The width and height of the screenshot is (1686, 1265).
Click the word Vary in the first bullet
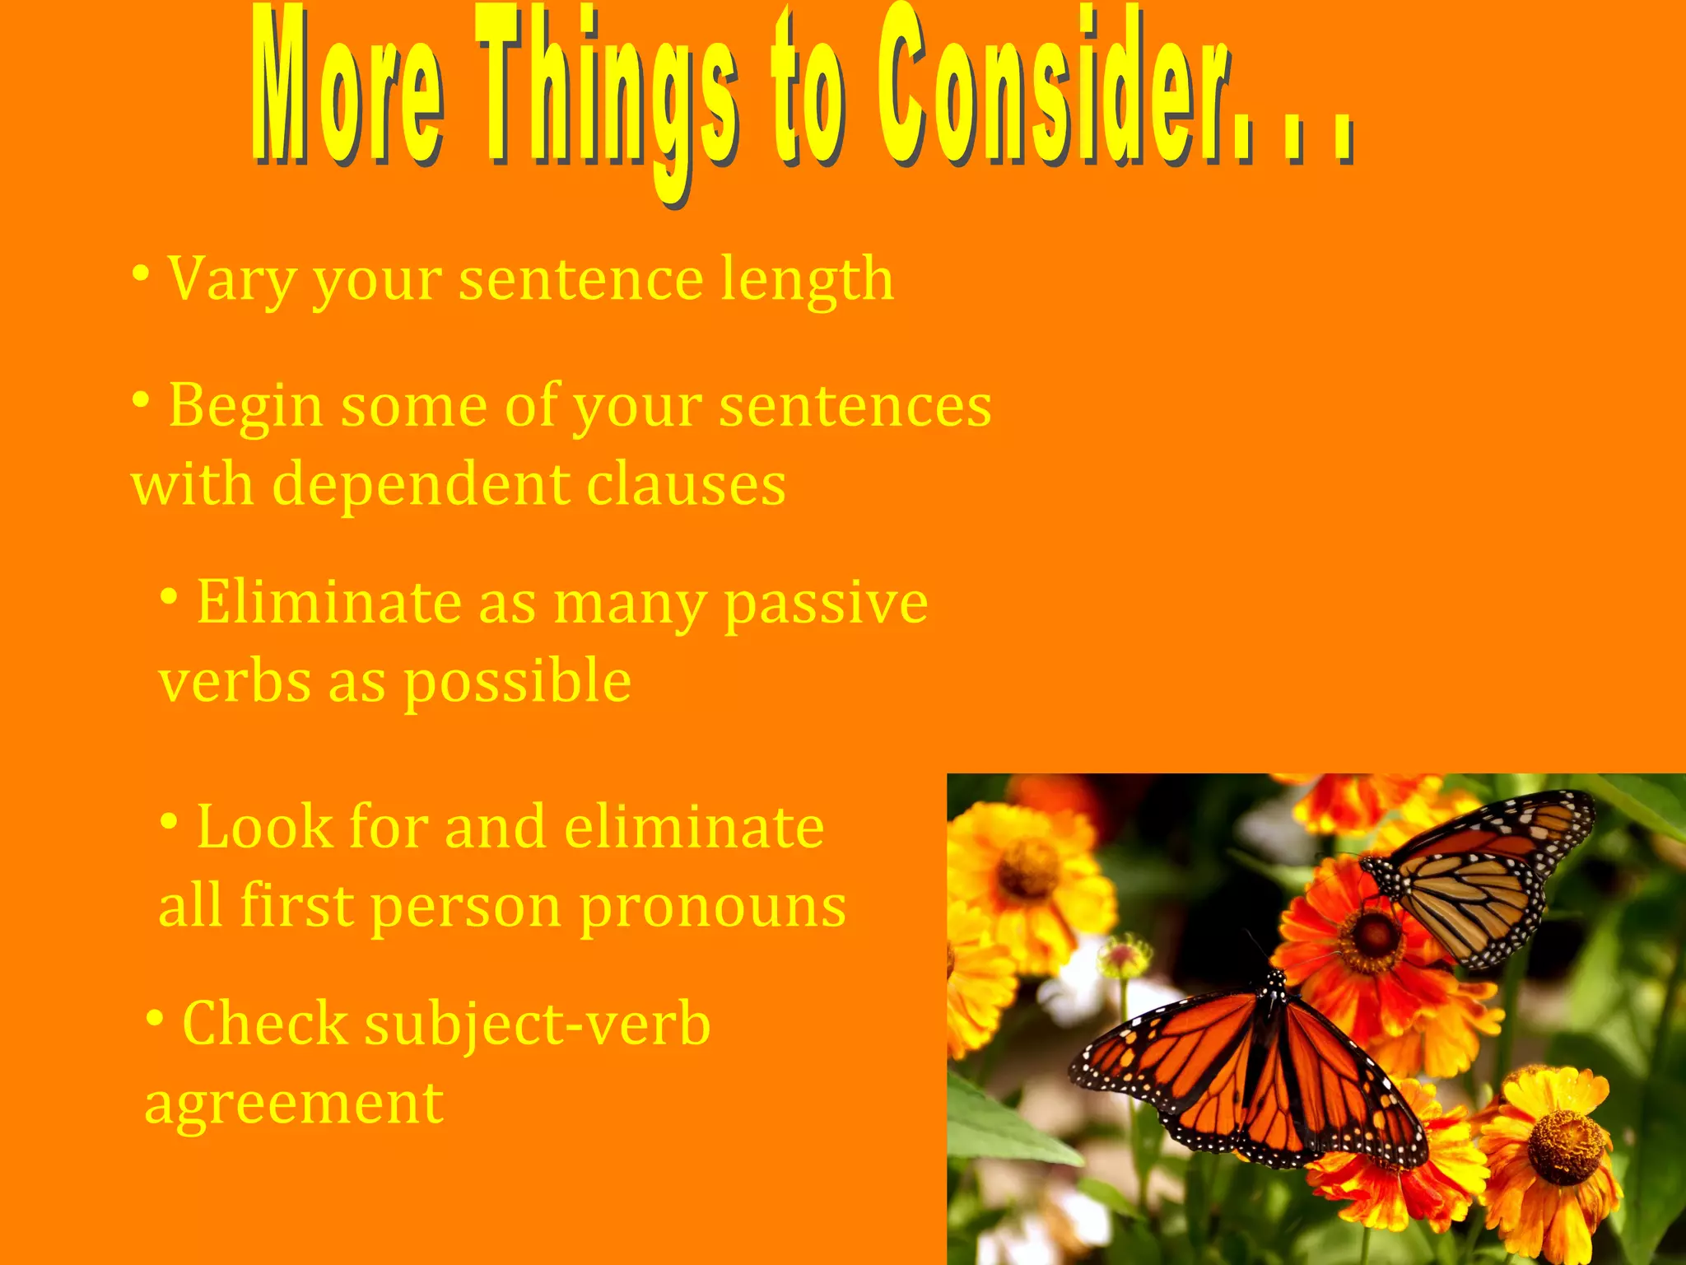tap(231, 280)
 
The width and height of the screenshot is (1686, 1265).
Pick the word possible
tap(517, 684)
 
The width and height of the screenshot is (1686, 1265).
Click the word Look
tap(263, 827)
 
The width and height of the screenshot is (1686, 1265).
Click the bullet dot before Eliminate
tap(169, 596)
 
